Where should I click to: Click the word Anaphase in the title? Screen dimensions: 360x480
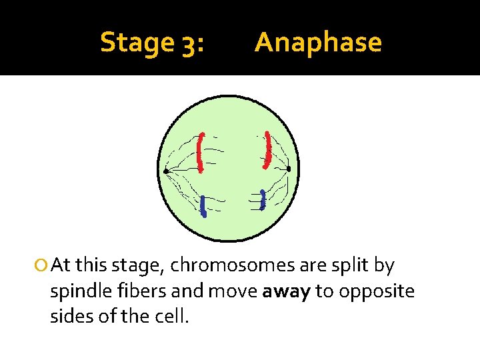[x=318, y=43]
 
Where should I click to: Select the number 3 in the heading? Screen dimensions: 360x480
[x=189, y=43]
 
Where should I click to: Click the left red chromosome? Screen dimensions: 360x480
[x=201, y=151]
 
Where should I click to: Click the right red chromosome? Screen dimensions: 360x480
[x=267, y=149]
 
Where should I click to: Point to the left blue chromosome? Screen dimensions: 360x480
[x=203, y=207]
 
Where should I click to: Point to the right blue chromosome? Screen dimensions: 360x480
[x=263, y=200]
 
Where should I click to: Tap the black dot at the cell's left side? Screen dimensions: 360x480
[x=166, y=171]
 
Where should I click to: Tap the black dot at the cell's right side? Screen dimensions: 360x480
[x=289, y=169]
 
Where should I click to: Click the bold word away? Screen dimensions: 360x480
[x=287, y=291]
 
